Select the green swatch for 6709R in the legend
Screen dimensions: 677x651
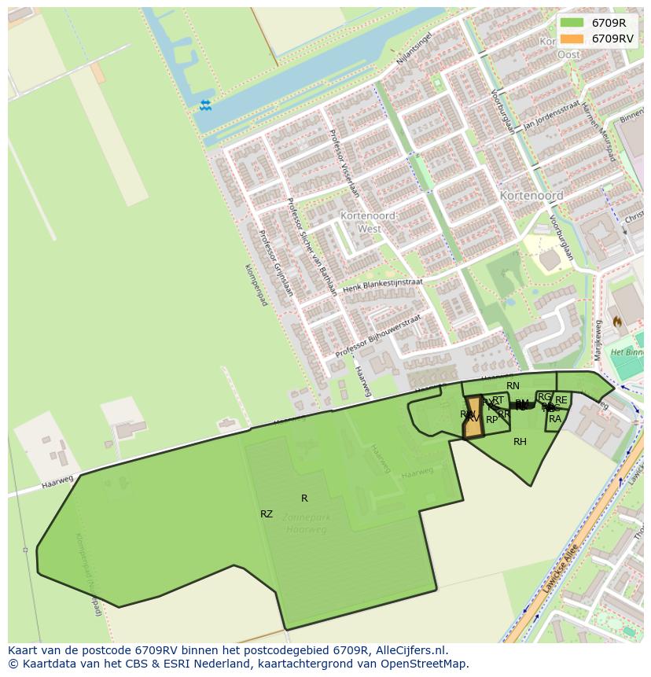coord(572,23)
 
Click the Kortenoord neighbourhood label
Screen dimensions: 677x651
coord(531,195)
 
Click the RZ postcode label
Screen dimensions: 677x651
coord(267,514)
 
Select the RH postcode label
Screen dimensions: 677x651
coord(520,442)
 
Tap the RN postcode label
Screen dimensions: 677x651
coord(513,386)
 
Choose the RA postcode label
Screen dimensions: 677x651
coord(555,419)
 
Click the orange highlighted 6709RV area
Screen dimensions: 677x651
coord(473,418)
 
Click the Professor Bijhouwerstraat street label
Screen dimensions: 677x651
coord(378,337)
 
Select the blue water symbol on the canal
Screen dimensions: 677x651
coord(205,105)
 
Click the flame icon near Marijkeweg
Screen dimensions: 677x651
coord(617,322)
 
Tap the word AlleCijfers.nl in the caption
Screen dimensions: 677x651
coord(410,651)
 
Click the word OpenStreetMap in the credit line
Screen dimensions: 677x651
coord(428,664)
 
